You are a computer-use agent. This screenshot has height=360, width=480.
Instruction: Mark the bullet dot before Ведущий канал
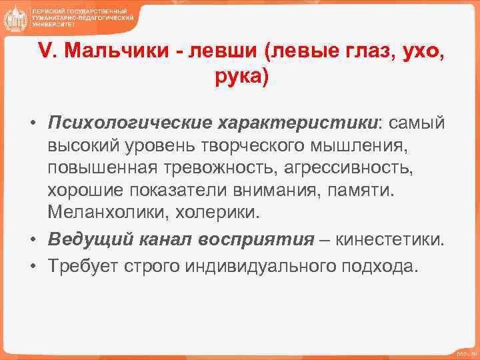click(31, 239)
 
